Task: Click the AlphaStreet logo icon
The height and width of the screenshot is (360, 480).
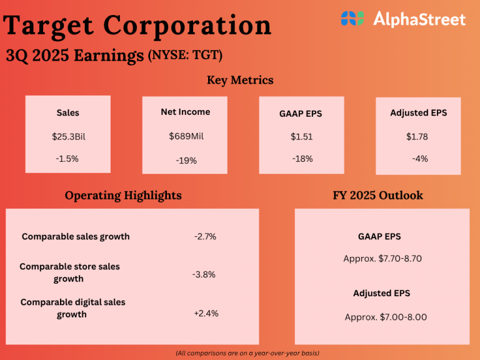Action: point(352,18)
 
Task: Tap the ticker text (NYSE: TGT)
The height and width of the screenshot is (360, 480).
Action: point(185,55)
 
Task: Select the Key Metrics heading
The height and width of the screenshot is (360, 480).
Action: point(240,80)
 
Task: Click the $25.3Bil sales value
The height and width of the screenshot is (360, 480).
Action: point(67,136)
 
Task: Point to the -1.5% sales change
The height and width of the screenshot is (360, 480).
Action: point(67,159)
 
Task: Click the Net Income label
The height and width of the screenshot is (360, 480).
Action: point(185,112)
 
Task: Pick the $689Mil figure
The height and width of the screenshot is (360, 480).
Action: point(186,136)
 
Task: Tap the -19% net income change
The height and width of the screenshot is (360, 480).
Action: point(186,161)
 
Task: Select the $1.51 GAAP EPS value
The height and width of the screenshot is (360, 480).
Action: point(302,136)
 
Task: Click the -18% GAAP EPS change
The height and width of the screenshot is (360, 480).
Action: point(302,159)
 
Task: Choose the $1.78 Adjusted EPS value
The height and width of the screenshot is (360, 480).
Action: point(417,136)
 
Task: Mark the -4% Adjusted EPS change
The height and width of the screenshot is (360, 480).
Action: point(419,159)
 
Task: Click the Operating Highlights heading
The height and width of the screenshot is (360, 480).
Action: point(123,195)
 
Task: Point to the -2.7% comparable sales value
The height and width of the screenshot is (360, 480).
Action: point(205,236)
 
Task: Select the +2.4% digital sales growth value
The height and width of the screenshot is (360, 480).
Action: point(206,313)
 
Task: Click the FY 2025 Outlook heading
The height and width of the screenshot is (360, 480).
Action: point(377,195)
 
